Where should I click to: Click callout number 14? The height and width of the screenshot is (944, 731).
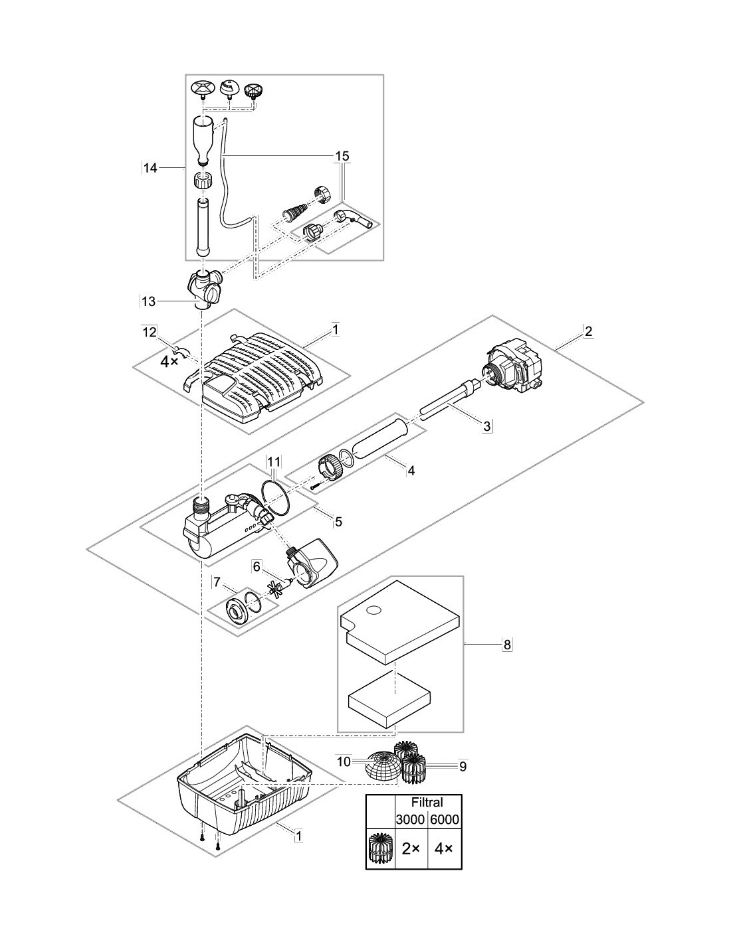pos(150,169)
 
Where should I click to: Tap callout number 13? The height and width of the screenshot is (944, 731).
pos(149,301)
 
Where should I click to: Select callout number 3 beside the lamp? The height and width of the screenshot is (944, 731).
pos(487,427)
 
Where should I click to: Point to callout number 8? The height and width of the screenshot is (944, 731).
pos(507,644)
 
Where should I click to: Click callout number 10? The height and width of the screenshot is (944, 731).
pos(343,762)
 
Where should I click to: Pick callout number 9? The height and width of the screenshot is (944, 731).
pos(463,766)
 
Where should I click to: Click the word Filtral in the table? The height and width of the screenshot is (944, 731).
pos(427,803)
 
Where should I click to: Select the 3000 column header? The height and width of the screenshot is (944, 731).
pos(411,820)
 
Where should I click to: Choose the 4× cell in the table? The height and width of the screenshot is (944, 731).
pos(444,850)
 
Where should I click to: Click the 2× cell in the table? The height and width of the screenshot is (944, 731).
pos(411,850)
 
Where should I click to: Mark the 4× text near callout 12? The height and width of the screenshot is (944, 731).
pos(169,362)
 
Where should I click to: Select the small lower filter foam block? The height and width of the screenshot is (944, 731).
pos(389,708)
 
